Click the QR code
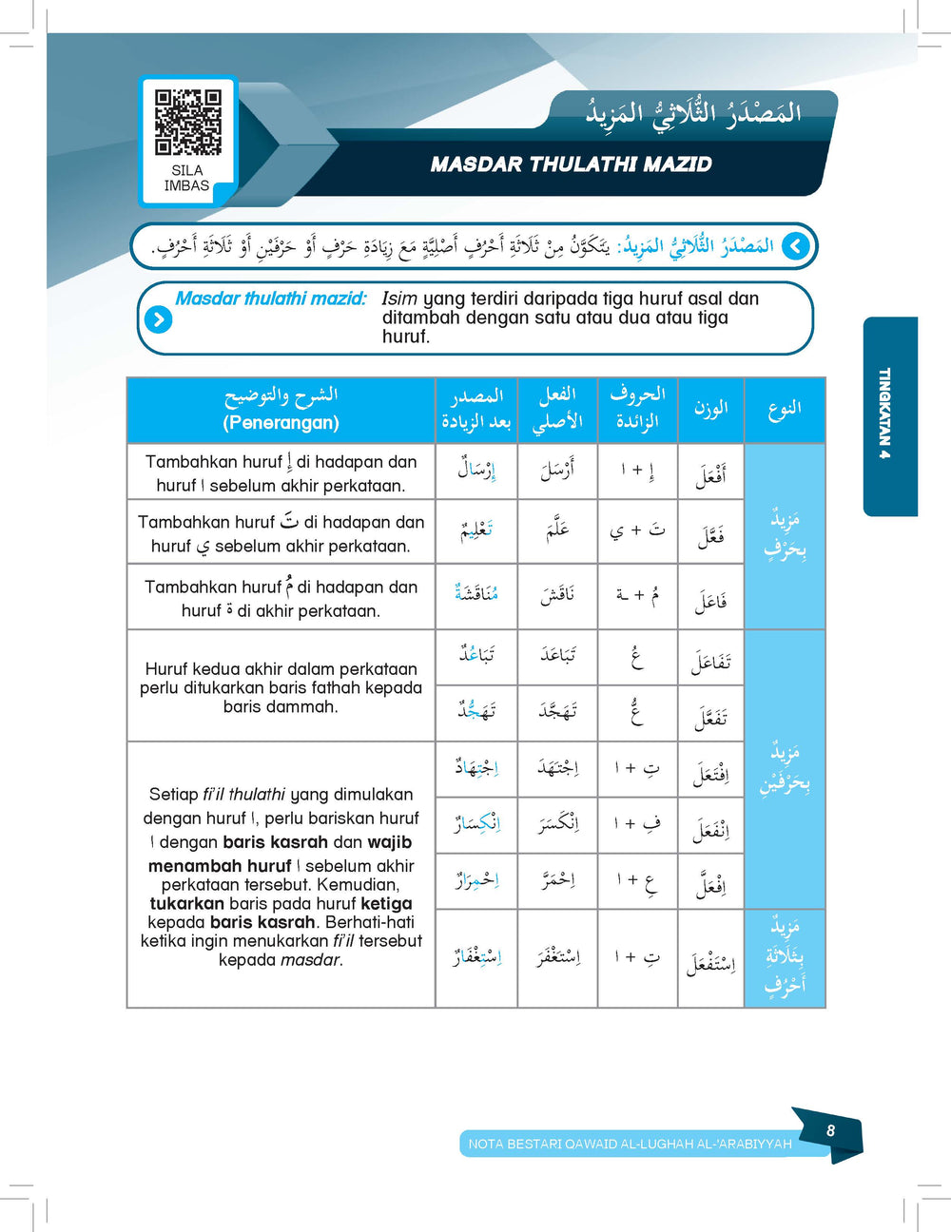187,122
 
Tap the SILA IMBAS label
186,178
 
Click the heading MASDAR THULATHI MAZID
571,164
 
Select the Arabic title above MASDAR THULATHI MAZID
693,113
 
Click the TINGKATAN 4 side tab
885,414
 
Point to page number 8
830,1130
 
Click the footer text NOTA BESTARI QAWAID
630,1144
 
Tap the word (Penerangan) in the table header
281,422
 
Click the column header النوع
785,409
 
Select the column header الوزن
710,409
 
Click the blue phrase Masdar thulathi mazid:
271,298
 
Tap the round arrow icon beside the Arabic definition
796,247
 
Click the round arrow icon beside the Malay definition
158,319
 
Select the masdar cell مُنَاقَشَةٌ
476,594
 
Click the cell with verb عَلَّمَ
557,531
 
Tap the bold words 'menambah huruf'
220,866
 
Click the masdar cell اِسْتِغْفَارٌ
476,954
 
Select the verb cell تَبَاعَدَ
557,655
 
